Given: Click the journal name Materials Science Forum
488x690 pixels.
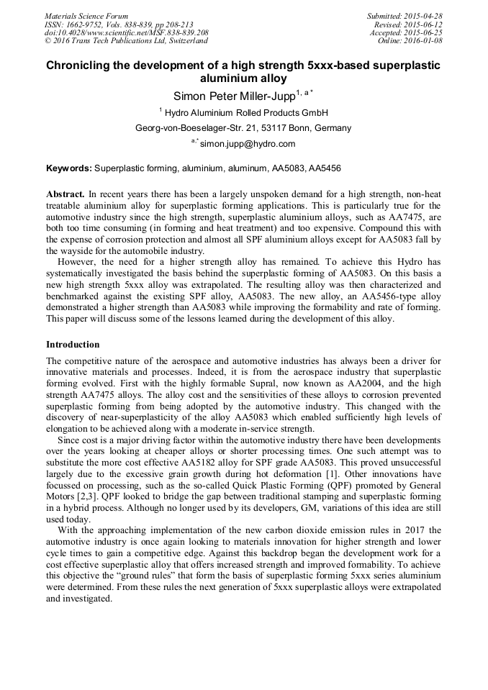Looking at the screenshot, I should (86, 16).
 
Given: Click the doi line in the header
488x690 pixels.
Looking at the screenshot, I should (127, 33).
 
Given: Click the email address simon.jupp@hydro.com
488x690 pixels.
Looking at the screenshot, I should (248, 144).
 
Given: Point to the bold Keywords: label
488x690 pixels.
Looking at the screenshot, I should (69, 168).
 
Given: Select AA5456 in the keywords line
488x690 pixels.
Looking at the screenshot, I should (325, 168).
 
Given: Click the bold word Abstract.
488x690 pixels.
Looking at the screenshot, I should (65, 194).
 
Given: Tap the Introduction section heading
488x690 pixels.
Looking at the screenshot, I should (73, 344).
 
